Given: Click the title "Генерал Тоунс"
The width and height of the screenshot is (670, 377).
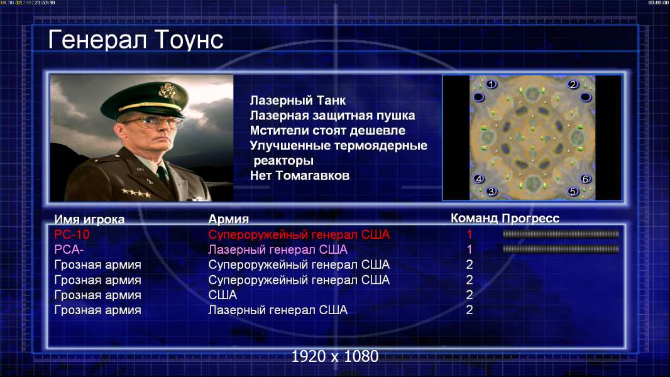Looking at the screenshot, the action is (x=136, y=40).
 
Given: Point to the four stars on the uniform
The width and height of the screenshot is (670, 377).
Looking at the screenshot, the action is (x=136, y=193).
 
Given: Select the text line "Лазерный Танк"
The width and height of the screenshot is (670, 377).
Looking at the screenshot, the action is (x=298, y=101).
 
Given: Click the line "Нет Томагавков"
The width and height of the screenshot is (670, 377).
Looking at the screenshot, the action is (x=300, y=175).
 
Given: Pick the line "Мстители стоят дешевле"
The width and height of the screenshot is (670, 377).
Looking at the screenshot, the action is (x=327, y=131).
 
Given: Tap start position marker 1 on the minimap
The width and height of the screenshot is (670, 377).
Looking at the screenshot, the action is (x=492, y=84).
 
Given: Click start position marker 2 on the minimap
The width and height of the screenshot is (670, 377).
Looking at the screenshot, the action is (x=573, y=84).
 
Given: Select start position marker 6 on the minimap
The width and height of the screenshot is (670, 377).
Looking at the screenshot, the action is (x=585, y=178).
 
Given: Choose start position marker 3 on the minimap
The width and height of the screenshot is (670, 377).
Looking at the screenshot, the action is (x=492, y=191).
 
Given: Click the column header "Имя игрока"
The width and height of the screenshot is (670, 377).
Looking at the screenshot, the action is (x=89, y=219).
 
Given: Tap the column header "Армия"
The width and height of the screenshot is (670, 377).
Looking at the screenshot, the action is (x=229, y=219).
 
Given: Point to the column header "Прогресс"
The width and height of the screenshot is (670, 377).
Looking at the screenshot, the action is (x=530, y=219).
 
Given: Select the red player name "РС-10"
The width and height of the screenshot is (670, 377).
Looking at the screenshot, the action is (x=72, y=234).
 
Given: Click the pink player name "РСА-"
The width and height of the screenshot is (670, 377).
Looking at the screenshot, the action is (x=69, y=249).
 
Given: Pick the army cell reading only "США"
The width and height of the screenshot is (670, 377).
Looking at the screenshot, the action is (x=222, y=295).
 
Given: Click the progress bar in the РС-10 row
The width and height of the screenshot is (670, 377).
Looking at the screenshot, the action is (x=561, y=234).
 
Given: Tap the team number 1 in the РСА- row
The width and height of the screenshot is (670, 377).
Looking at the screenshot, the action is (x=469, y=249).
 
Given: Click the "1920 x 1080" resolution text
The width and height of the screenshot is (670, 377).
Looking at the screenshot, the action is (x=335, y=356).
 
